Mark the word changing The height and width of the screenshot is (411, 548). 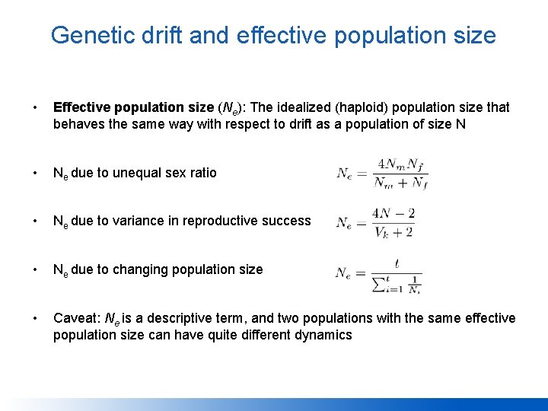tap(139, 269)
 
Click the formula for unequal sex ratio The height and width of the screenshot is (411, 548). tap(382, 173)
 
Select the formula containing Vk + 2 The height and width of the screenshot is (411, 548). tap(375, 221)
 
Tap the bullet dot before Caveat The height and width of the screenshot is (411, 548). tap(27, 318)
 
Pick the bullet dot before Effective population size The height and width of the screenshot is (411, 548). tap(27, 107)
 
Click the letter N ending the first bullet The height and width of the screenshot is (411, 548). tap(460, 124)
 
